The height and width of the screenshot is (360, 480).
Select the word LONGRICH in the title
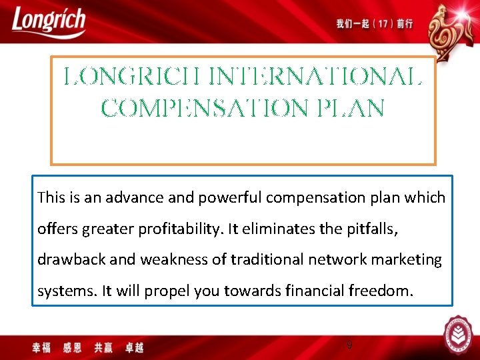click(133, 79)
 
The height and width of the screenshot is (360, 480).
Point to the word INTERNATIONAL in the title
click(315, 79)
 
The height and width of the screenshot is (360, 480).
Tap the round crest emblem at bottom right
click(458, 335)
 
